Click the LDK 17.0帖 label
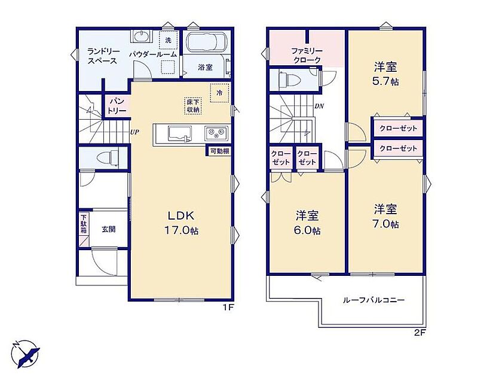(181, 223)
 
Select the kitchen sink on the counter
(179, 133)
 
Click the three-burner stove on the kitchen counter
(216, 133)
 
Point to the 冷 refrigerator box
(220, 93)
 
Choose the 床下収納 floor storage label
(193, 106)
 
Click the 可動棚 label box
(219, 151)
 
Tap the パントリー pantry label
(117, 106)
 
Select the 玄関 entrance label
(109, 230)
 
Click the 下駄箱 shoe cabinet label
(83, 223)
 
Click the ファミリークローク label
(307, 55)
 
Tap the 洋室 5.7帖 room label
(386, 74)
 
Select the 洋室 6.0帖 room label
(307, 223)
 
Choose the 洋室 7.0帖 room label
(386, 216)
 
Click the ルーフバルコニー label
(374, 300)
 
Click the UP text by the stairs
(134, 132)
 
